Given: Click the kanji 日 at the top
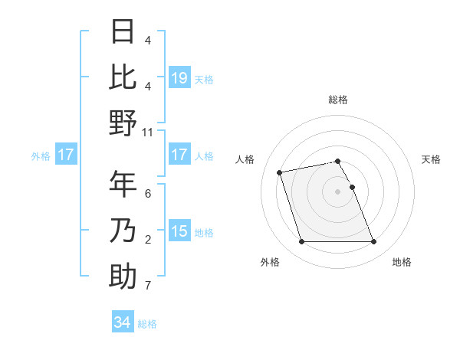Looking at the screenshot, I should (x=123, y=32).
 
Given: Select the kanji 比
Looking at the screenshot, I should (x=123, y=77).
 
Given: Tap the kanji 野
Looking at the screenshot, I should (x=123, y=123).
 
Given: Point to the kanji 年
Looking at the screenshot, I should (x=123, y=185).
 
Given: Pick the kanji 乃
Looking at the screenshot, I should (x=123, y=231).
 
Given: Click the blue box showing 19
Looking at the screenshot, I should (x=179, y=78).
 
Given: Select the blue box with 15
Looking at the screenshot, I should (x=179, y=232).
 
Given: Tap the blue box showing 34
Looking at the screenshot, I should (x=123, y=323).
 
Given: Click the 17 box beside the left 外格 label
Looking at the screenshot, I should (x=65, y=155).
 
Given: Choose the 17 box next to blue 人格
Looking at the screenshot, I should (x=179, y=155).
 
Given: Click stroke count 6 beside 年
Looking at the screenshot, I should (x=148, y=195).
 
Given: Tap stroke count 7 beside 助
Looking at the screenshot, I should (x=148, y=286).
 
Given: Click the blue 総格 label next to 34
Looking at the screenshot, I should (x=147, y=324).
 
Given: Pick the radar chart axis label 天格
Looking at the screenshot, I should (x=431, y=159).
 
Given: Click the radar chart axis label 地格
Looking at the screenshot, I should (x=402, y=263).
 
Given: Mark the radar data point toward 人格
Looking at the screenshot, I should (x=280, y=172).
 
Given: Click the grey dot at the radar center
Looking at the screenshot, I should (x=337, y=191).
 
